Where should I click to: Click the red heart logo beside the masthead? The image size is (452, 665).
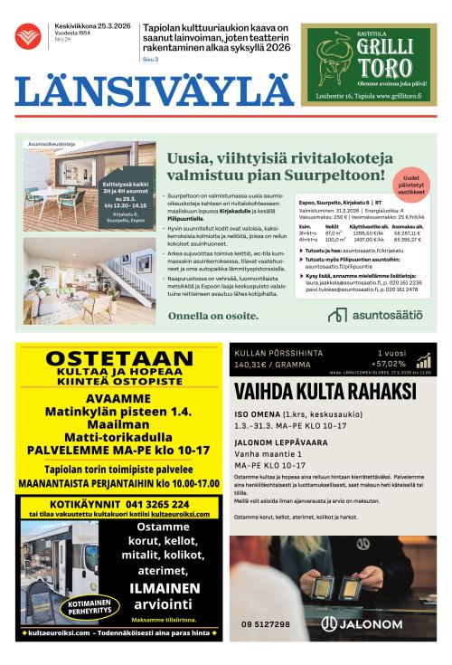click(x=28, y=37)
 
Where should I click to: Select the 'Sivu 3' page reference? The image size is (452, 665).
click(x=150, y=59)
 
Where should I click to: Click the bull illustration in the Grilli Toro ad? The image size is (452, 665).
click(x=333, y=62)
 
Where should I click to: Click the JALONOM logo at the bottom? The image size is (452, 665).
click(x=362, y=623)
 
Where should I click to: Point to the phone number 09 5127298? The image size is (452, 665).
click(x=266, y=624)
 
